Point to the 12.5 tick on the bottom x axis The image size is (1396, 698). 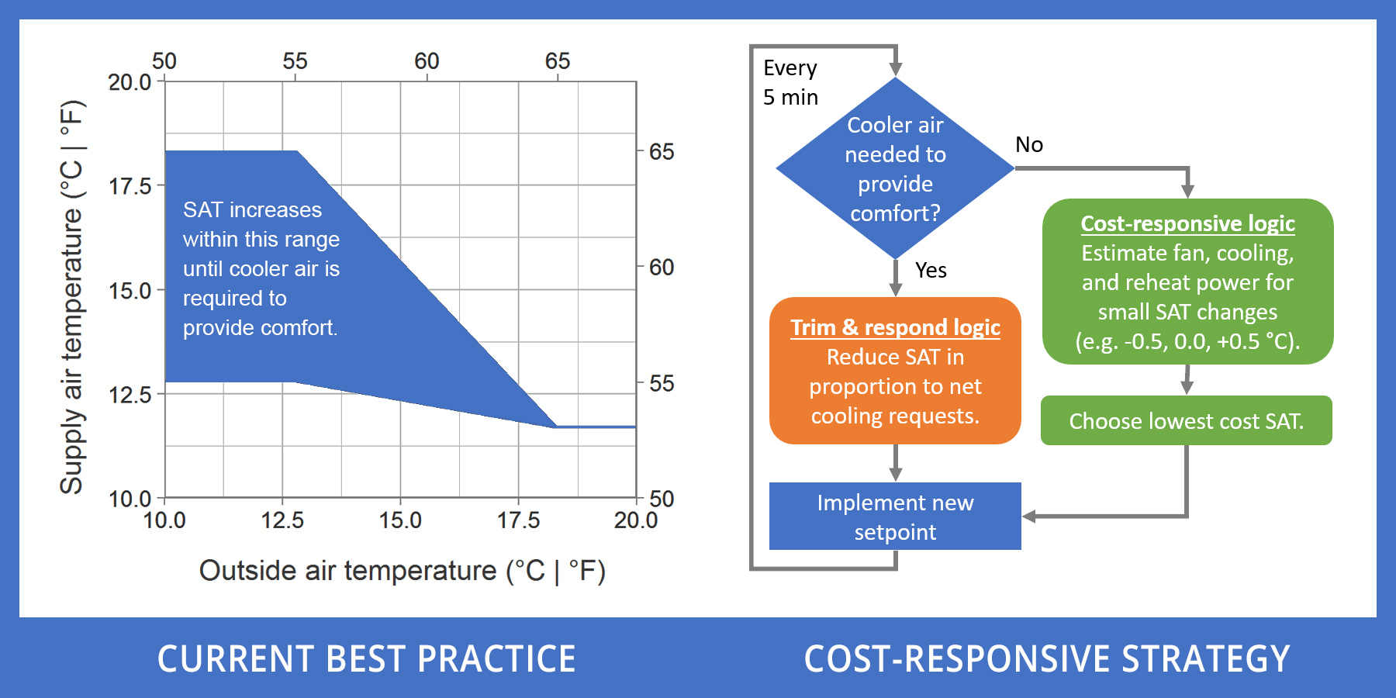click(282, 520)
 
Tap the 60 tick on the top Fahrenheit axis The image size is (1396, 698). click(427, 61)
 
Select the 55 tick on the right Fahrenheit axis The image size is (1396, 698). click(662, 383)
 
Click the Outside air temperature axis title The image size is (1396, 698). click(402, 571)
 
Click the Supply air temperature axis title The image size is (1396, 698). click(71, 297)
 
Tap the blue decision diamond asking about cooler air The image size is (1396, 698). click(895, 168)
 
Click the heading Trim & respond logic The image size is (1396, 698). click(895, 327)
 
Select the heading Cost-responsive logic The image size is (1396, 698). click(1187, 223)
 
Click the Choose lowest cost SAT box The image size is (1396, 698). click(1186, 421)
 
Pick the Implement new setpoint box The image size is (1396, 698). click(895, 517)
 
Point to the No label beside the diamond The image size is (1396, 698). click(1029, 145)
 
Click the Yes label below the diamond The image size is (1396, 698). click(931, 271)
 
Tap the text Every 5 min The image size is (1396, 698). click(790, 82)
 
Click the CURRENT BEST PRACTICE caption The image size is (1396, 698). click(366, 659)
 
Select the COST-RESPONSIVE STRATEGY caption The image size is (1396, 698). click(1047, 659)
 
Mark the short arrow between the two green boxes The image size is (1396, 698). click(1187, 380)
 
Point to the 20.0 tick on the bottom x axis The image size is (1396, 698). click(635, 520)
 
